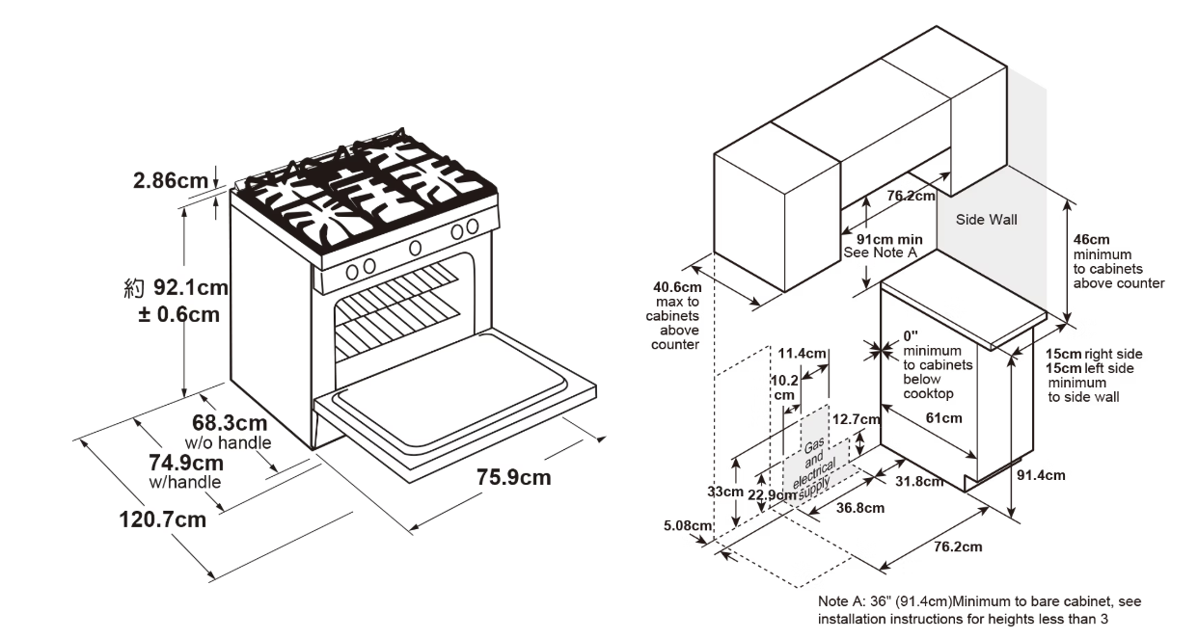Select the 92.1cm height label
pyautogui.click(x=192, y=287)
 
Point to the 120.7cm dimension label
pyautogui.click(x=162, y=519)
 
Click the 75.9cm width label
pyautogui.click(x=514, y=477)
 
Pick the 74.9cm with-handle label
pyautogui.click(x=185, y=462)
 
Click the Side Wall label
pyautogui.click(x=986, y=220)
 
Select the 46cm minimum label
pyautogui.click(x=1091, y=240)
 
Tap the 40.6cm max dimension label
pyautogui.click(x=677, y=286)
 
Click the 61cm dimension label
pyautogui.click(x=943, y=417)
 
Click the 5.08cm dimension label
pyautogui.click(x=688, y=526)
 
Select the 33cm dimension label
pyautogui.click(x=725, y=492)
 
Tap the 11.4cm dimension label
pyautogui.click(x=802, y=353)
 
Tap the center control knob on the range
pyautogui.click(x=415, y=248)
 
